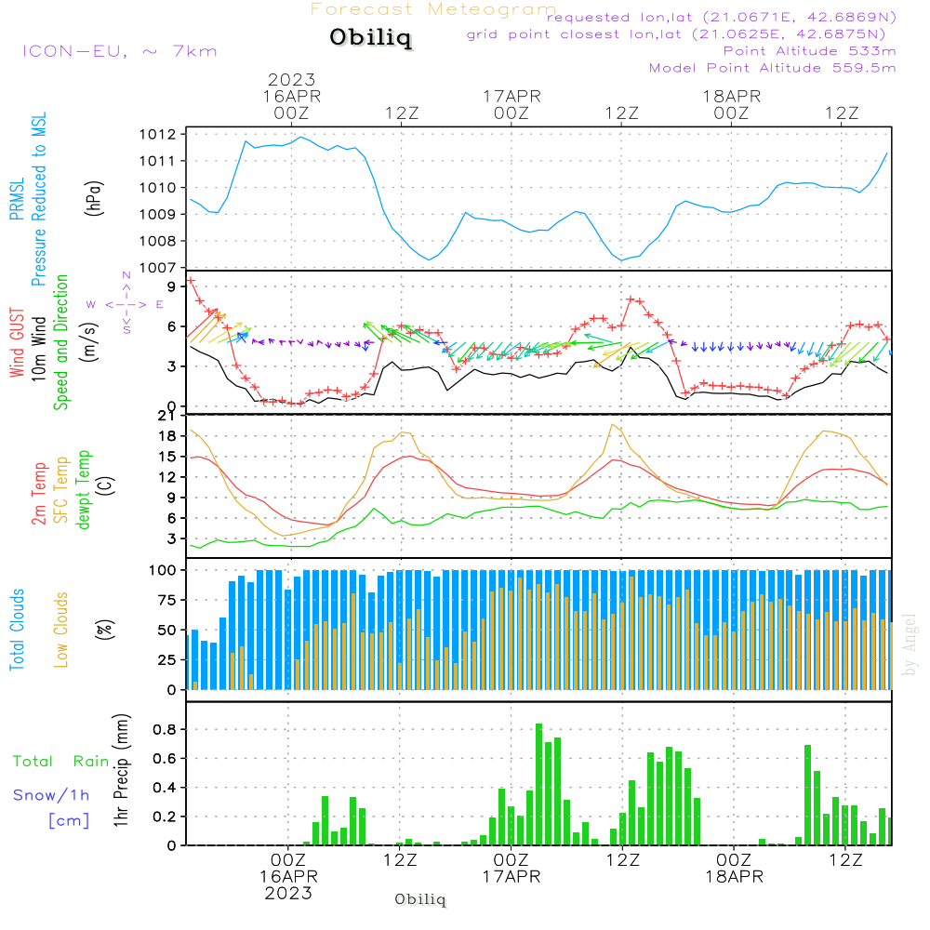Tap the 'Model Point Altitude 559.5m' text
coord(772,68)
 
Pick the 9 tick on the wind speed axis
coord(172,286)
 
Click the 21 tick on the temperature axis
coord(167,415)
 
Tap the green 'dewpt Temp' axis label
coord(83,491)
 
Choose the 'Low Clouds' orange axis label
coord(61,628)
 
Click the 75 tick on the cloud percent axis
coord(166,600)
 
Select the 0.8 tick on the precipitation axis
coord(166,729)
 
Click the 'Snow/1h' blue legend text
coord(51,795)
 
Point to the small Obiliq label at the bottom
coord(420,899)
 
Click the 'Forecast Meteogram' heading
coord(433,9)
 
